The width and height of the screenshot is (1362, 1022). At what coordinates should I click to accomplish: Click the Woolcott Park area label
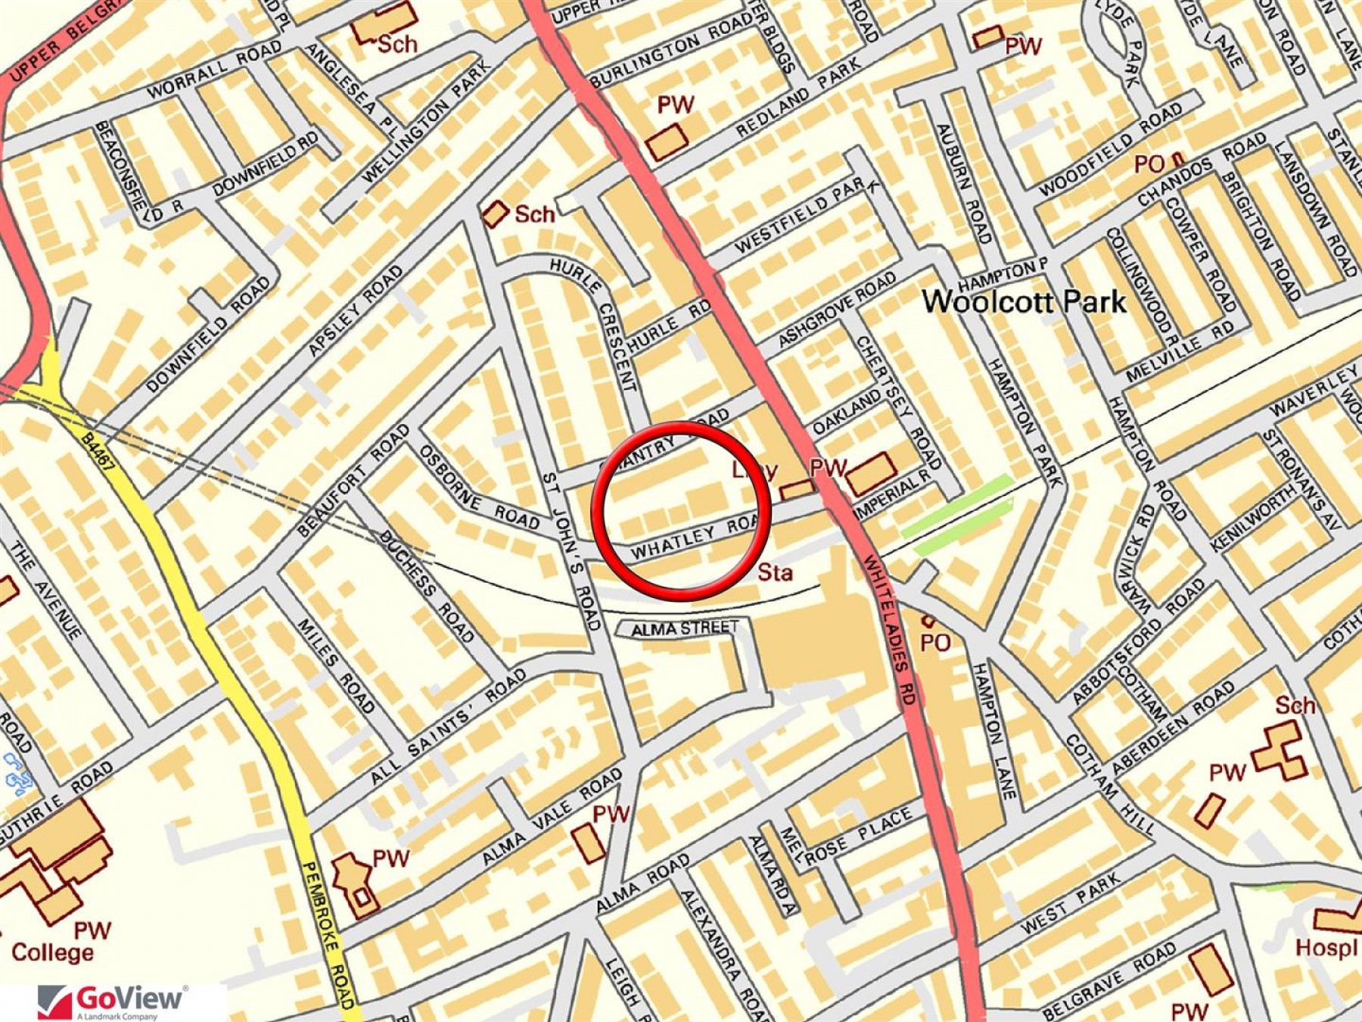[x=1024, y=301]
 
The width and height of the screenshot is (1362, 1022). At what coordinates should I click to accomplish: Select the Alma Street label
[x=684, y=628]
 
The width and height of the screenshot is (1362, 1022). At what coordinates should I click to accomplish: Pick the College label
[x=52, y=952]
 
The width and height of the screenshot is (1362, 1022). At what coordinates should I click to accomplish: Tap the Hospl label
[x=1325, y=947]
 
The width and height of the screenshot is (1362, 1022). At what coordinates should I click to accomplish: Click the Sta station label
[x=775, y=572]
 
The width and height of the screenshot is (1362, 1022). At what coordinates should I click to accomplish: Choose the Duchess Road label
[x=428, y=587]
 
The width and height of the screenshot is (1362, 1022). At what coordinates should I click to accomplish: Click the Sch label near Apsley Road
[x=534, y=214]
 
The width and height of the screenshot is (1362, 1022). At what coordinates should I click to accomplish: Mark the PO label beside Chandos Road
[x=1149, y=164]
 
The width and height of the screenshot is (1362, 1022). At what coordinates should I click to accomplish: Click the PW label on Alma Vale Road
[x=610, y=815]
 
